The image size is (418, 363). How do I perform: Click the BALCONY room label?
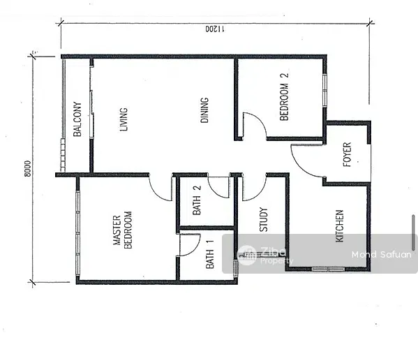pos(77,119)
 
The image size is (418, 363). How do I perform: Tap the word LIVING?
pos(124,119)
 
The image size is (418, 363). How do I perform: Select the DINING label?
pos(204,110)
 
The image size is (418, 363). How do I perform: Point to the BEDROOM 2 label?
pos(284,97)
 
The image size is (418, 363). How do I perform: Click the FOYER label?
pos(347,154)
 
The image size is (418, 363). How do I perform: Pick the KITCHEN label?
pos(339,226)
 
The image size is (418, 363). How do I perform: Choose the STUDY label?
pos(263,219)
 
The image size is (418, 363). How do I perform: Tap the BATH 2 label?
pos(197,200)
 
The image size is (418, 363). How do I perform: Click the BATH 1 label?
pos(210,254)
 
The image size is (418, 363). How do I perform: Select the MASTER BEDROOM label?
pos(122,230)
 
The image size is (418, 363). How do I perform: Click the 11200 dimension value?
pos(215,29)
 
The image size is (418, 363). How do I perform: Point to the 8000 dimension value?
pos(27,168)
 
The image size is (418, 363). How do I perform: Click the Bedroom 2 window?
pos(324,91)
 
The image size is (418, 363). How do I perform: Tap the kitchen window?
pos(328,269)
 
